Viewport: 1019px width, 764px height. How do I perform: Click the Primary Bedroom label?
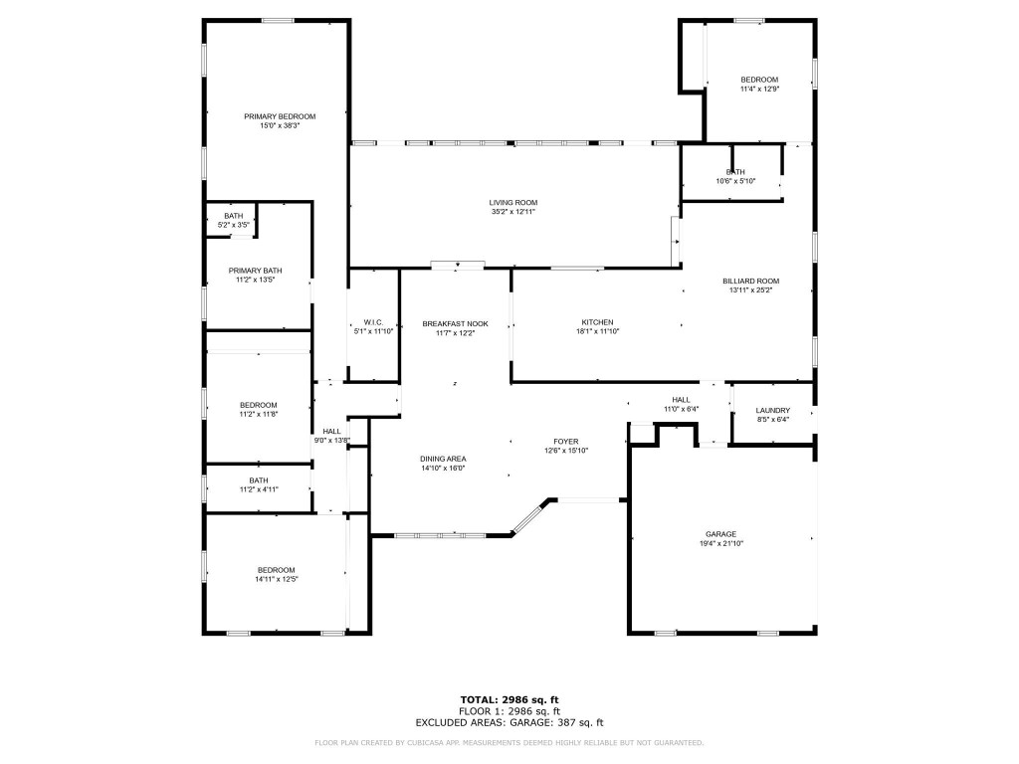click(x=280, y=116)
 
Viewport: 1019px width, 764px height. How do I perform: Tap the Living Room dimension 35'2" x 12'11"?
click(x=513, y=212)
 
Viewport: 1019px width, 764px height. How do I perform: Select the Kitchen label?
click(x=598, y=321)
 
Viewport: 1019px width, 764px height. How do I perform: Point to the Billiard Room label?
click(x=750, y=281)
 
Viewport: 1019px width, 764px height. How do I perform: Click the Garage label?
click(x=721, y=534)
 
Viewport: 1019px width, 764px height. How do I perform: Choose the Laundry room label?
click(x=773, y=410)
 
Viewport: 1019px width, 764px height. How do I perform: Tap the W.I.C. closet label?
click(x=374, y=322)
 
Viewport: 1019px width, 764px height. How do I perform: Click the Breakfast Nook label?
click(x=455, y=323)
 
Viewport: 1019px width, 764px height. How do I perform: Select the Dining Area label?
click(x=443, y=459)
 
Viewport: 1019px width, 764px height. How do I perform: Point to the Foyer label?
click(x=567, y=441)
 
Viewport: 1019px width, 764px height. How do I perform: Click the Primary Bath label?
click(x=256, y=271)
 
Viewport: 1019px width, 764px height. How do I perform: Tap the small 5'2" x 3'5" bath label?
click(x=233, y=225)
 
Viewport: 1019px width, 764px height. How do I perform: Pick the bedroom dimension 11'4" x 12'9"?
click(x=759, y=89)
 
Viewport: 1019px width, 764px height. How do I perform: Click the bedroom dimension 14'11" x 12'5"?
click(x=277, y=579)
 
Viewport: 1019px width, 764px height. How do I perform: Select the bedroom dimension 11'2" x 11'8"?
click(x=258, y=414)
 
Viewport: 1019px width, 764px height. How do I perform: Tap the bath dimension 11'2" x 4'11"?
click(x=258, y=489)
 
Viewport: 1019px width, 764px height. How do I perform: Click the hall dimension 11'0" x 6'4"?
click(x=682, y=409)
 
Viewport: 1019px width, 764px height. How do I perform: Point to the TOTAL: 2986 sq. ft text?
click(x=509, y=700)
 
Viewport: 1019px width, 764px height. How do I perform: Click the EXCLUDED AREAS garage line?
click(x=509, y=722)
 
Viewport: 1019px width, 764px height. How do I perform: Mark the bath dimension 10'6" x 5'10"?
click(x=735, y=181)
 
